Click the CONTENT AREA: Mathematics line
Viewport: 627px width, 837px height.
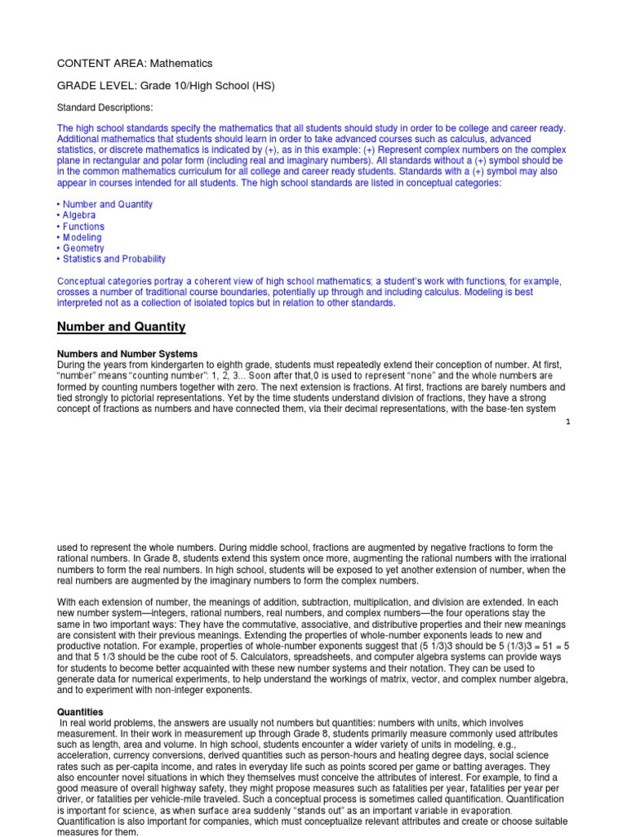134,63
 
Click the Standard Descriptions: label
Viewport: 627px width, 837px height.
104,107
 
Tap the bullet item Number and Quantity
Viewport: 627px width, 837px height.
107,204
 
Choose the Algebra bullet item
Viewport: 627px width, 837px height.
79,215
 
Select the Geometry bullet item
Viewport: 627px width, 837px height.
82,248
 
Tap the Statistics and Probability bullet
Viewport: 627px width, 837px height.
113,259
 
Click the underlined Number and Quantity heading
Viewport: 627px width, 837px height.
121,327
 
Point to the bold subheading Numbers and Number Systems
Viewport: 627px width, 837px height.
127,354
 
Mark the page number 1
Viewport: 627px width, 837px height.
567,422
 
